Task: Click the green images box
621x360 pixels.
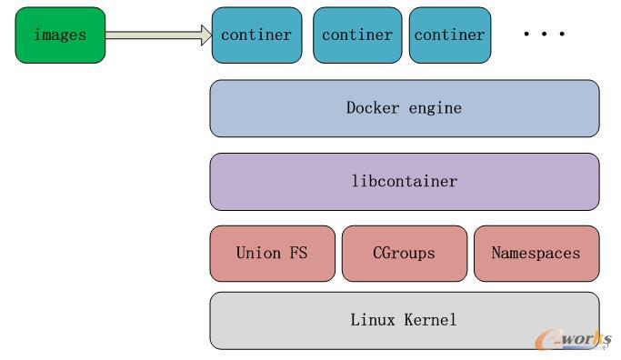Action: click(60, 35)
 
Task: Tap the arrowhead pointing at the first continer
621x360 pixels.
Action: click(204, 35)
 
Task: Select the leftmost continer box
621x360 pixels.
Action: click(256, 35)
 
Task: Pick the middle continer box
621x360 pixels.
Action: click(357, 35)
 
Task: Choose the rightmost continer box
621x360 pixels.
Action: click(449, 35)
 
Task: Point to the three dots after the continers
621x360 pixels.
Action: click(544, 35)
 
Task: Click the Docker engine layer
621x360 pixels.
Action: click(405, 108)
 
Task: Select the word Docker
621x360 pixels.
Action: click(373, 108)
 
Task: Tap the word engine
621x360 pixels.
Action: click(436, 108)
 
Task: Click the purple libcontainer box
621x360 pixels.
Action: click(405, 181)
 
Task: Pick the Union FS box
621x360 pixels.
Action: click(272, 254)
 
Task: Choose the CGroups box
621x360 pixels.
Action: click(404, 254)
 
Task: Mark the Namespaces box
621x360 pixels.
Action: click(536, 254)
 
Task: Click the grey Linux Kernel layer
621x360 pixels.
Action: click(405, 320)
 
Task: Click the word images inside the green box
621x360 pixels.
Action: click(60, 35)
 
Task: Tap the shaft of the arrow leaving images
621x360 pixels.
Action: click(150, 35)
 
